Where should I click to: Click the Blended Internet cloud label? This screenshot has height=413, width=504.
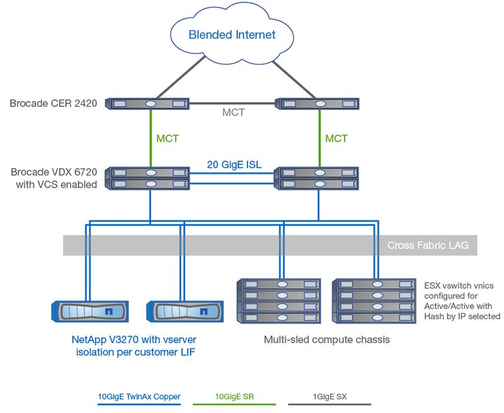(x=232, y=35)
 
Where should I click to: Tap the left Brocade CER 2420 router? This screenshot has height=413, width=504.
(x=149, y=103)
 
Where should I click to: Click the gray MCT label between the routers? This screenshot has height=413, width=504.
(x=234, y=113)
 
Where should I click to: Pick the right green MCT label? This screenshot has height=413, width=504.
(x=336, y=138)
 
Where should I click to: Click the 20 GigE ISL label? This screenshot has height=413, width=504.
(x=234, y=166)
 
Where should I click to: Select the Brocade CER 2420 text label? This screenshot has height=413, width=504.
(x=53, y=103)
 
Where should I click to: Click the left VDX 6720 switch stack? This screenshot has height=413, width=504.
(x=149, y=178)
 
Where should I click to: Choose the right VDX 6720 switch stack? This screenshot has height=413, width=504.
(x=318, y=178)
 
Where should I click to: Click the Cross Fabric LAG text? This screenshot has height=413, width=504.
(x=428, y=246)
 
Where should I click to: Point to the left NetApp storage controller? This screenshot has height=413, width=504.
(x=88, y=311)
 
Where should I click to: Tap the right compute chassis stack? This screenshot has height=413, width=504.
(x=376, y=301)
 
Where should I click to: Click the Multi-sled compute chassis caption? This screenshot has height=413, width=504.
(x=326, y=340)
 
